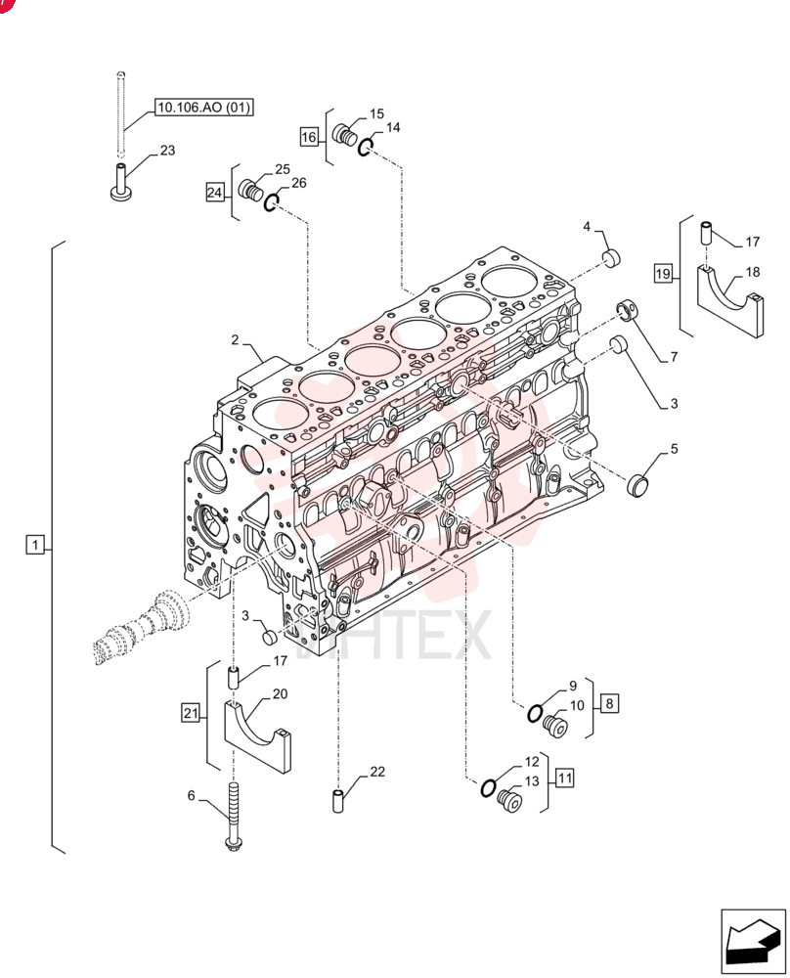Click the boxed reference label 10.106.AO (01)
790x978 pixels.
click(204, 108)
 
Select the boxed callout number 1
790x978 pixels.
click(35, 545)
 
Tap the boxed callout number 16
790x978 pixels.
click(309, 137)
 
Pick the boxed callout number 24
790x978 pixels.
click(214, 192)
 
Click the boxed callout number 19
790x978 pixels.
click(663, 273)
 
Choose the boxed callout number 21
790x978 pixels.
click(191, 712)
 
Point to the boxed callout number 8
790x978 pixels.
click(609, 703)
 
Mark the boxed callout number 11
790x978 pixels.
click(564, 778)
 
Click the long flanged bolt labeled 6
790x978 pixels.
click(234, 817)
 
